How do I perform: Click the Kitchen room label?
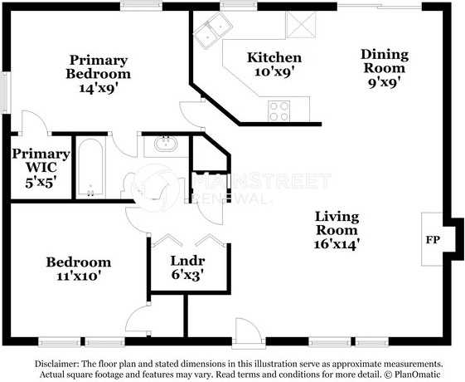coord(274,57)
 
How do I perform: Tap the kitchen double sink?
coord(214,30)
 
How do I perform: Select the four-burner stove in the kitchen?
coord(279,111)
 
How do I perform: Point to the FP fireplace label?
coord(433,240)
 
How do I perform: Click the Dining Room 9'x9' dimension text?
coord(385,82)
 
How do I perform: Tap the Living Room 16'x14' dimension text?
coord(337,244)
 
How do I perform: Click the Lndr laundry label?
coord(187,261)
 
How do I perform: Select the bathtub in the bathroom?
coord(90,168)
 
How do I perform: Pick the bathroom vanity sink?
coord(166,144)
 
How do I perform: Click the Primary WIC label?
coord(41,161)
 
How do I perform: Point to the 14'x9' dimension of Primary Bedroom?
coord(99,88)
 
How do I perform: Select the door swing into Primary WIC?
coord(35,123)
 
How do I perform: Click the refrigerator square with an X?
coord(301,25)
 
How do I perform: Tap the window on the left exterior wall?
coord(6,93)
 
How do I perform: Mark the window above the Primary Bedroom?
coord(141,6)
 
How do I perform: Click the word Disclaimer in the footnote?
coord(56,364)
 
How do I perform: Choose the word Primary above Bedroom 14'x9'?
coord(99,61)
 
